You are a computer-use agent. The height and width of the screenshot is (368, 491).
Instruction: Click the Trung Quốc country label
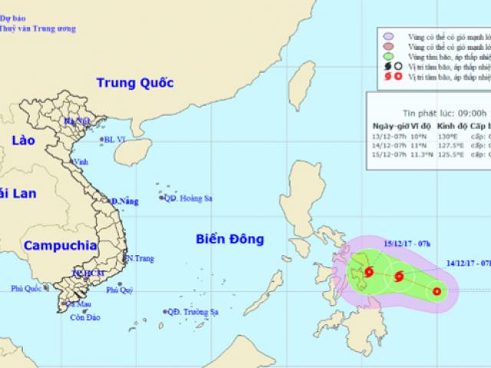click(x=135, y=83)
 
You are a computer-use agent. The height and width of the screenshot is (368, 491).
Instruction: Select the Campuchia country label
click(x=60, y=246)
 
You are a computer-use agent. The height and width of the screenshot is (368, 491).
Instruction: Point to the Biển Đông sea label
click(x=229, y=239)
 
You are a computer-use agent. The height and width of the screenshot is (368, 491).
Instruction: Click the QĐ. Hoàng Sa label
click(x=189, y=199)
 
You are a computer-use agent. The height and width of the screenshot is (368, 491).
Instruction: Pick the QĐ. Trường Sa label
click(x=193, y=311)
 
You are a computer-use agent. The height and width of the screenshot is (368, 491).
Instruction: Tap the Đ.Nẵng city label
click(x=124, y=202)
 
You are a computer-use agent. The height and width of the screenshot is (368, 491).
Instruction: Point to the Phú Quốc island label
click(x=26, y=288)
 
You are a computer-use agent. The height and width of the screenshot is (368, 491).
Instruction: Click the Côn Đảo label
click(x=84, y=317)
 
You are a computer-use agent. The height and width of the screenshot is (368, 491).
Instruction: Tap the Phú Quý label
click(x=119, y=290)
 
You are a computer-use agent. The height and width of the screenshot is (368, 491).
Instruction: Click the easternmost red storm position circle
click(x=437, y=291)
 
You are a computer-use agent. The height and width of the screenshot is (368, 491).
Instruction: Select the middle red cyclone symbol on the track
click(x=398, y=278)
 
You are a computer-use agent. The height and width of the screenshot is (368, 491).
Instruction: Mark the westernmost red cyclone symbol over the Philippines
click(x=369, y=272)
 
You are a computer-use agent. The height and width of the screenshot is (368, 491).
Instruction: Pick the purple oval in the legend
click(x=389, y=37)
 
